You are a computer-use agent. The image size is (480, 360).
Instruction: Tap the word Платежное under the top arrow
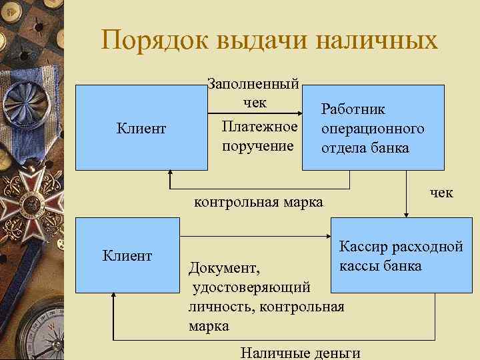coord(259,127)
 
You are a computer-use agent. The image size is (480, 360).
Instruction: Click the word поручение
coord(259,145)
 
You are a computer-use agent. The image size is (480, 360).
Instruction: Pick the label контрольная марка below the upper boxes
coord(257,201)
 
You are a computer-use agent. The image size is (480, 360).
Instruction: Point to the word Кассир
coord(363,247)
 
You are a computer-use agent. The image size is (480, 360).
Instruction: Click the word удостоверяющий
coord(251,287)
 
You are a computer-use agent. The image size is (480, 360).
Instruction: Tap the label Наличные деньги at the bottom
coord(301,353)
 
